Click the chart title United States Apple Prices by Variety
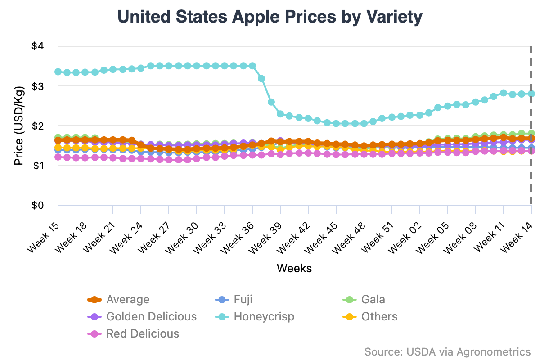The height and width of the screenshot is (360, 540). (270, 17)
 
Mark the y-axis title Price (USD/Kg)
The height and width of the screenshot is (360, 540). (18, 126)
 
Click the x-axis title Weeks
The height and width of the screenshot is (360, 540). (294, 269)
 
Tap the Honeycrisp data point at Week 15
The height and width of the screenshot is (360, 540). (58, 72)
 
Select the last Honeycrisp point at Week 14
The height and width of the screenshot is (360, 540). (531, 94)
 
